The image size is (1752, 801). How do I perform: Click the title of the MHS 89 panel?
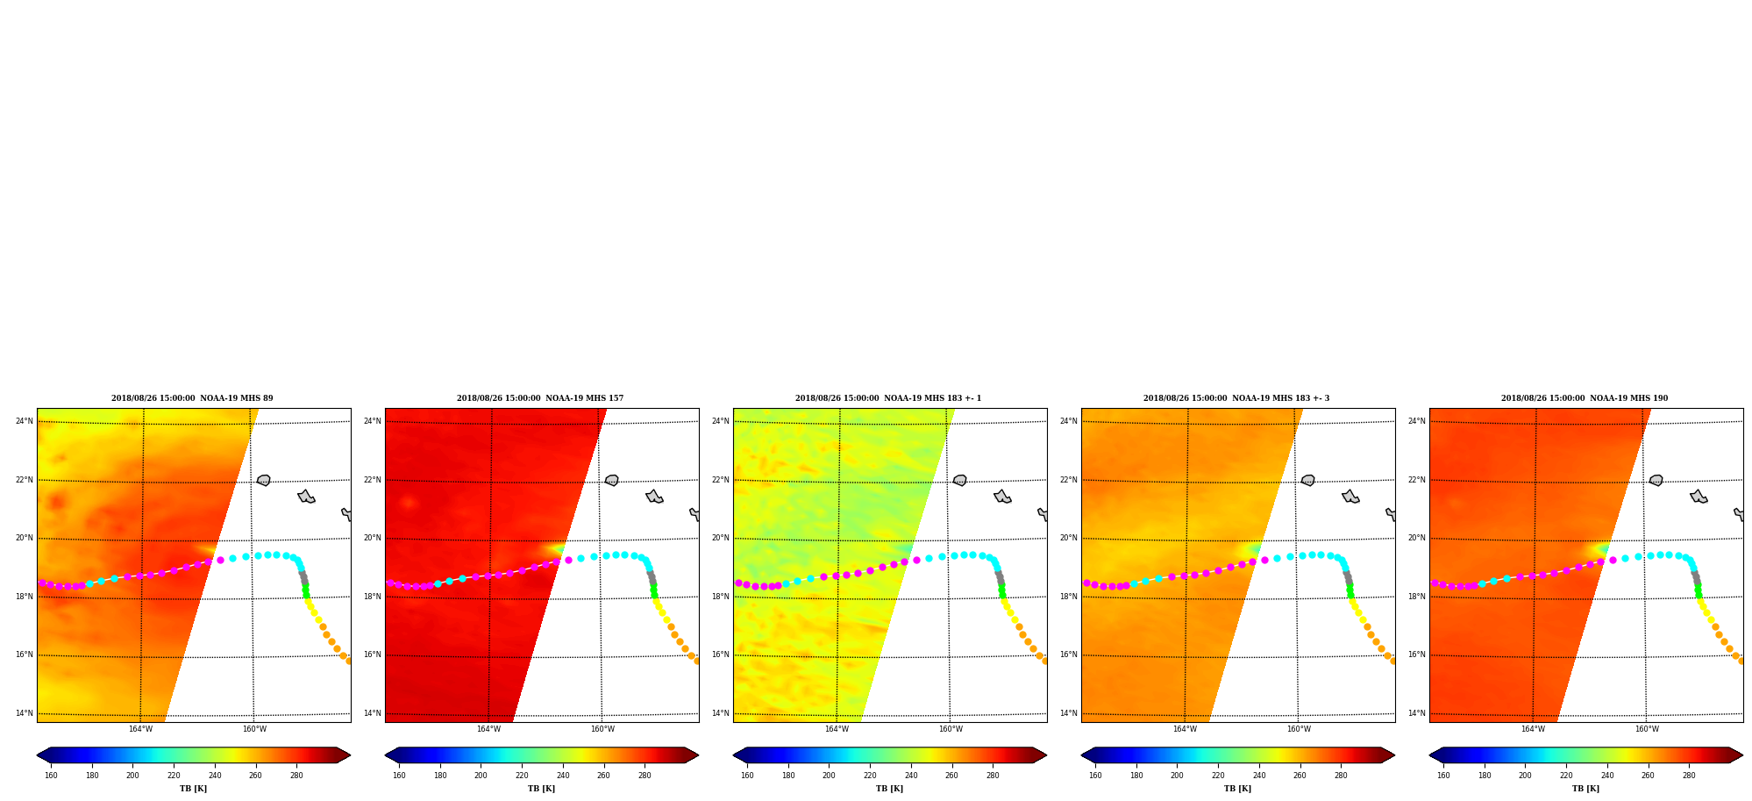point(192,398)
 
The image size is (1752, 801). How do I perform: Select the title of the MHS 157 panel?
point(540,398)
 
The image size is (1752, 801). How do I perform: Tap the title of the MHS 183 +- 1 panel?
point(888,398)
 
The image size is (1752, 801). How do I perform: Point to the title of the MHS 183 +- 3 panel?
point(1236,398)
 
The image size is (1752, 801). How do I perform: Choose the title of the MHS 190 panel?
point(1585,398)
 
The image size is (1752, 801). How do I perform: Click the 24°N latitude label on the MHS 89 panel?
point(24,421)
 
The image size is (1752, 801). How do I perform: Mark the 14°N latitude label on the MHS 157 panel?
point(372,713)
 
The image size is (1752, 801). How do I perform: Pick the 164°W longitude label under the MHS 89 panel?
point(140,729)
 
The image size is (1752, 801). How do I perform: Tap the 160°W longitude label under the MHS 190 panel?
point(1647,729)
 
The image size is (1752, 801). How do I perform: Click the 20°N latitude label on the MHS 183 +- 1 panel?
point(720,538)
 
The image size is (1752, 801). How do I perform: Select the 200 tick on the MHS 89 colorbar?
point(132,776)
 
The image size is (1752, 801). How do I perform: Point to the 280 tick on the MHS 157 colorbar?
point(645,776)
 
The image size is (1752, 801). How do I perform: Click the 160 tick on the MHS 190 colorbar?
point(1443,776)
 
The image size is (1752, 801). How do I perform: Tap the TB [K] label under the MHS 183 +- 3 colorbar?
point(1237,789)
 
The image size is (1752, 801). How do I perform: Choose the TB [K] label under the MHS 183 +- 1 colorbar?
point(889,789)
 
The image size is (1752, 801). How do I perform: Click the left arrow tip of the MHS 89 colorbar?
point(37,755)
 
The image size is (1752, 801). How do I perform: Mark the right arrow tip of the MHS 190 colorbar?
point(1743,755)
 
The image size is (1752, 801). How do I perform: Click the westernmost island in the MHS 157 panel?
point(612,481)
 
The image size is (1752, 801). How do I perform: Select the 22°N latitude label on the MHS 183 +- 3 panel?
point(1068,480)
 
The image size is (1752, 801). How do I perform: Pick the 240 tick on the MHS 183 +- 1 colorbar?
point(911,776)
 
